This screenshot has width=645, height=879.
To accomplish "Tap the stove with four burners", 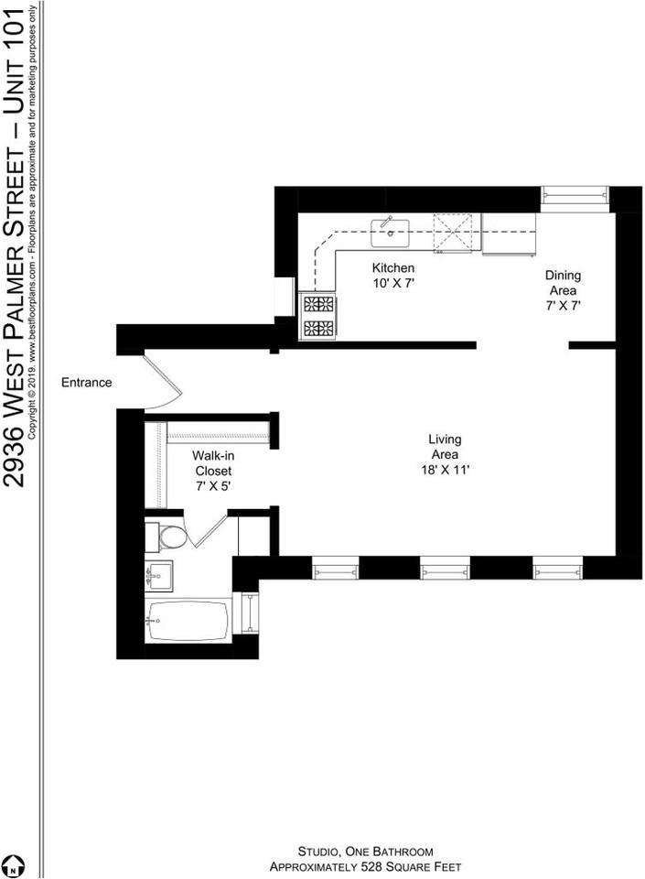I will (318, 316).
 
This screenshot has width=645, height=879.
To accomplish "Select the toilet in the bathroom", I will (171, 537).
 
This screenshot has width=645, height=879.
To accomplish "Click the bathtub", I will (187, 621).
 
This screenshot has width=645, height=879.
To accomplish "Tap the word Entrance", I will (86, 383).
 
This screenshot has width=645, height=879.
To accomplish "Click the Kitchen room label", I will (392, 268).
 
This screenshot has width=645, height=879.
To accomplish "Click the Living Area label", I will (445, 447).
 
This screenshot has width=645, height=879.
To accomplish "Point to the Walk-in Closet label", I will (212, 463).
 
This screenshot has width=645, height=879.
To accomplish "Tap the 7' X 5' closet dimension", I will (212, 487).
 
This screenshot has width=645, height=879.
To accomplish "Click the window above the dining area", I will (575, 198).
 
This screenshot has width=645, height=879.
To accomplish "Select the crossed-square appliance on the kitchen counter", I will (454, 233).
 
